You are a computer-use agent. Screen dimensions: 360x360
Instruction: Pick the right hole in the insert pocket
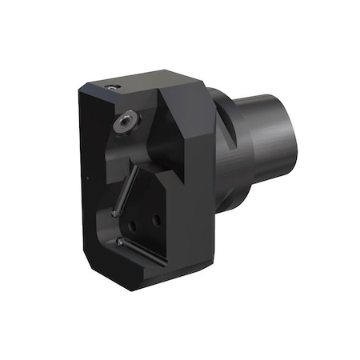coord(157,217)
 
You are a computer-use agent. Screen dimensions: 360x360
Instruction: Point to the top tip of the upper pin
coord(135,170)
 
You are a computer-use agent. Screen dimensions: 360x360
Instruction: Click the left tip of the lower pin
coord(118,240)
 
